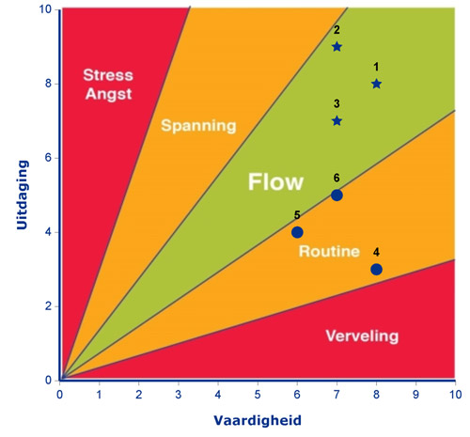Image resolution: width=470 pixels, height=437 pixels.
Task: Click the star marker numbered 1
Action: point(376,84)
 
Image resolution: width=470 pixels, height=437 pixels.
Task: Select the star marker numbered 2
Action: point(337,47)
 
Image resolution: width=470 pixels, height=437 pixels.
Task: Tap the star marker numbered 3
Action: point(337,120)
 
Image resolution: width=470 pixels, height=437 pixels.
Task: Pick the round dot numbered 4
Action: point(376,269)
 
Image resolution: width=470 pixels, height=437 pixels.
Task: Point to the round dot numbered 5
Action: point(297,232)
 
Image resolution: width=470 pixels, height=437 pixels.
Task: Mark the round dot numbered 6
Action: point(337,195)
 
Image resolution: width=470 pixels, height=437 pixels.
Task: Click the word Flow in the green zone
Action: point(275,181)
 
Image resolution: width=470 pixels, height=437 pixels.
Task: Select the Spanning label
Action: point(198,126)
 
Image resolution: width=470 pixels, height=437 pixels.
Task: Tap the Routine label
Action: point(329,251)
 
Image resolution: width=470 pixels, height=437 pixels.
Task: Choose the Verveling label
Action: point(362,336)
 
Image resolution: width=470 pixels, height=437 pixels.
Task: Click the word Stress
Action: point(108,75)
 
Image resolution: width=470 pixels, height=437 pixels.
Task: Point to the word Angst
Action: point(109,94)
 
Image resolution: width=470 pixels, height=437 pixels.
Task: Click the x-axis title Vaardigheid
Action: point(258,420)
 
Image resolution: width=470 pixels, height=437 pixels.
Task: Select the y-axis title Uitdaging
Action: point(23,195)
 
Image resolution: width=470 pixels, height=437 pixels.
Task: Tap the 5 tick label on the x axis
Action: point(258,395)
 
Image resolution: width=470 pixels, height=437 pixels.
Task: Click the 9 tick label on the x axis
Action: point(415,395)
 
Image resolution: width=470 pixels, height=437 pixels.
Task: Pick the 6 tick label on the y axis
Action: point(48,158)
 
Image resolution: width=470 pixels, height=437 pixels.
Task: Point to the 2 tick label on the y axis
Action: point(48,306)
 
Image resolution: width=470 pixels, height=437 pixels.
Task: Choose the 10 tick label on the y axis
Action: point(45,9)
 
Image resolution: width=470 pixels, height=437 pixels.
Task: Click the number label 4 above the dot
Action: point(376,252)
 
